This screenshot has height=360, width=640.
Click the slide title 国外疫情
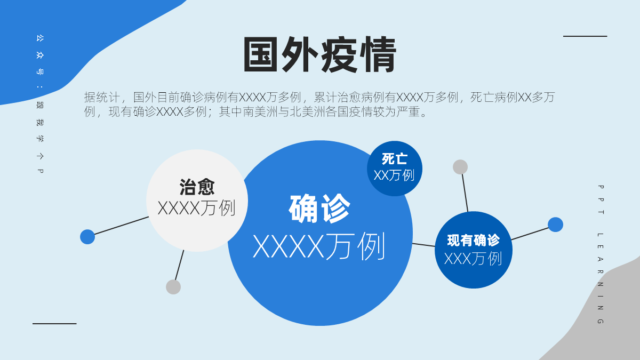pyautogui.click(x=319, y=54)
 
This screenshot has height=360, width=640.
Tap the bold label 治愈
pyautogui.click(x=197, y=187)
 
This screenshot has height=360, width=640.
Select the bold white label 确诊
pyautogui.click(x=319, y=209)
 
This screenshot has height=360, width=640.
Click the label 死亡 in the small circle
pyautogui.click(x=395, y=159)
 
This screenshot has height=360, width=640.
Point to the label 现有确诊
pyautogui.click(x=474, y=241)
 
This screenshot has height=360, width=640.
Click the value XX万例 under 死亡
pyautogui.click(x=394, y=175)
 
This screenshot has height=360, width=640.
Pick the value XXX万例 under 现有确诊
pyautogui.click(x=473, y=259)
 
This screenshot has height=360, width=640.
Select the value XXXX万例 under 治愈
pyautogui.click(x=197, y=208)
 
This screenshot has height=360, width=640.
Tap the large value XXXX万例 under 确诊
pyautogui.click(x=319, y=246)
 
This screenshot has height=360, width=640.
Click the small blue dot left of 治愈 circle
pyautogui.click(x=87, y=237)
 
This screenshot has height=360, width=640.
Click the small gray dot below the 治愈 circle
pyautogui.click(x=173, y=287)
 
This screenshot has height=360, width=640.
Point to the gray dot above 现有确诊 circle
pyautogui.click(x=460, y=167)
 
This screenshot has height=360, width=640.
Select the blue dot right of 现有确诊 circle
pyautogui.click(x=555, y=225)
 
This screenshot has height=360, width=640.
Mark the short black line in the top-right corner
pyautogui.click(x=585, y=36)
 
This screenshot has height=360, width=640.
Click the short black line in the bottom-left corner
pyautogui.click(x=54, y=324)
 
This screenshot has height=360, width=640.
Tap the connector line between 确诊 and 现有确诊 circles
pyautogui.click(x=423, y=245)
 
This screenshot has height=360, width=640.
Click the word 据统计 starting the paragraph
pyautogui.click(x=102, y=97)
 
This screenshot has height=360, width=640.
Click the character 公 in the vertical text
pyautogui.click(x=40, y=38)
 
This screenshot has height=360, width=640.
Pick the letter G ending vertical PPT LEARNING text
pyautogui.click(x=601, y=321)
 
